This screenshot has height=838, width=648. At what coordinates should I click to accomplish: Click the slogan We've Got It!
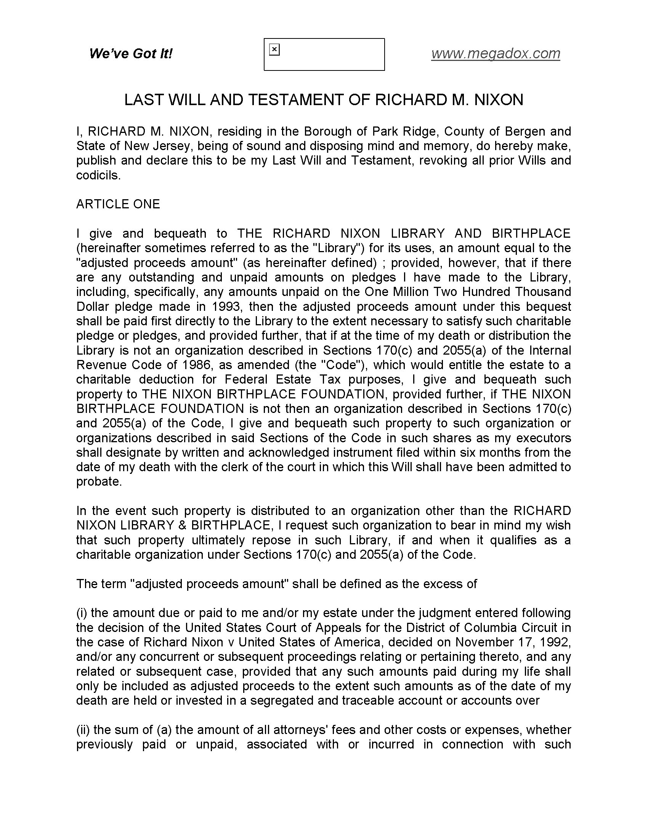click(130, 53)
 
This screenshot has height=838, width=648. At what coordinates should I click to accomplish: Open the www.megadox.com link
click(495, 53)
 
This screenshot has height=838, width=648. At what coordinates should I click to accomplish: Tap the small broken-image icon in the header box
click(274, 50)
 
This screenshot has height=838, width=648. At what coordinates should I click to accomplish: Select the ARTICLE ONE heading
click(118, 204)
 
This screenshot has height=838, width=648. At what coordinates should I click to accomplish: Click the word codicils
click(98, 175)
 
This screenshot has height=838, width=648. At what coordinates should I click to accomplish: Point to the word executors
click(544, 438)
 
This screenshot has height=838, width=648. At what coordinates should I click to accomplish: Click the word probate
click(99, 481)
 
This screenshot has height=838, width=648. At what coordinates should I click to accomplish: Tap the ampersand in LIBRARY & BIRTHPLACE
click(180, 525)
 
